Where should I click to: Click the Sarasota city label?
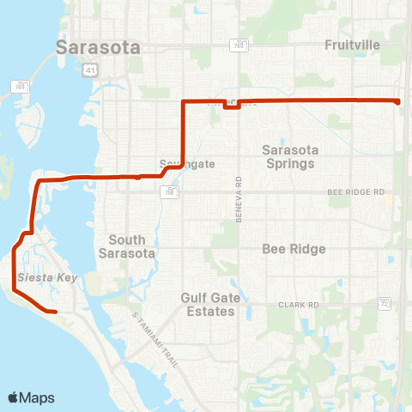98,48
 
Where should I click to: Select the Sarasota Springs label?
290,155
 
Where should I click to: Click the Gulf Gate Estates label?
208,304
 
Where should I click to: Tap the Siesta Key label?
39,277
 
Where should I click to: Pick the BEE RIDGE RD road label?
353,192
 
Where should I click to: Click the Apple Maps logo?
31,397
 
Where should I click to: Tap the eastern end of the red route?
398,102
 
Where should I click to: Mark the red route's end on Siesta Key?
55,312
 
